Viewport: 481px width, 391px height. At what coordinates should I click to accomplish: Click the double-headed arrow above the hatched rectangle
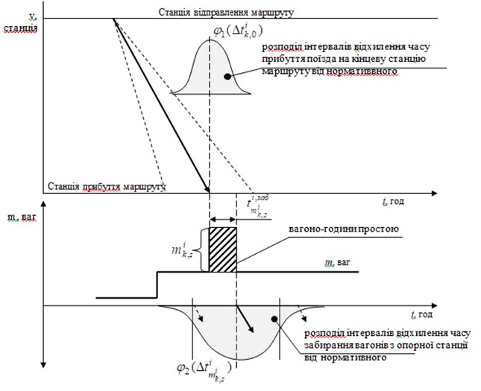pyautogui.click(x=223, y=220)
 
